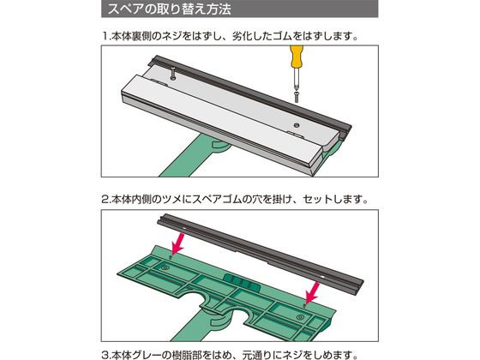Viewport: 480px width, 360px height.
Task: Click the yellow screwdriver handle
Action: (296, 56)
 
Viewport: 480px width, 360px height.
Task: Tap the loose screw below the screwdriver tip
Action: (297, 97)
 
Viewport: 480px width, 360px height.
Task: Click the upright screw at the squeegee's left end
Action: (173, 74)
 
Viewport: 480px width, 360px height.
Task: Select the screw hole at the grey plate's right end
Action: (297, 125)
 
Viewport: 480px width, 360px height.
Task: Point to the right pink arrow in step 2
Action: (313, 293)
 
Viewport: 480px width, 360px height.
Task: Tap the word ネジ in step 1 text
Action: (173, 36)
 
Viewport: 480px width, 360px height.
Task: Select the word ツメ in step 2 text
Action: (171, 199)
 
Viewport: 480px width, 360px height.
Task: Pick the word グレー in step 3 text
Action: (147, 355)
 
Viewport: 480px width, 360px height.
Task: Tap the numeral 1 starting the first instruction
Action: (105, 36)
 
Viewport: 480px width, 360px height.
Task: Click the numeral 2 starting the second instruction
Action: (105, 200)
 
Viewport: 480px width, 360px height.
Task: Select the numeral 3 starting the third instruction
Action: (105, 356)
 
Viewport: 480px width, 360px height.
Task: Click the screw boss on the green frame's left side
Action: (165, 267)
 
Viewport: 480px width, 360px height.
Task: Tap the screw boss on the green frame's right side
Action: (300, 317)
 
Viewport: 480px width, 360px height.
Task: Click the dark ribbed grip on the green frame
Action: (242, 281)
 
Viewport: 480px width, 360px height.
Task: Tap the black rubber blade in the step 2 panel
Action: (261, 253)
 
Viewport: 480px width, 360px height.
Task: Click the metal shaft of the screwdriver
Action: (296, 80)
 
